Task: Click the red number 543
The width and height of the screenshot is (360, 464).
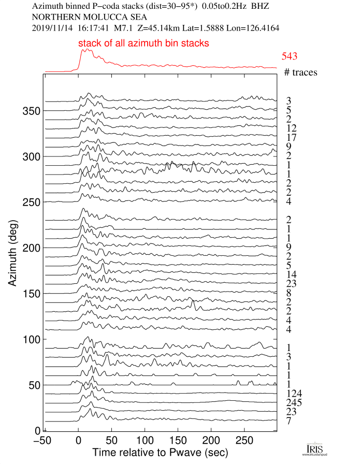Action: click(x=290, y=57)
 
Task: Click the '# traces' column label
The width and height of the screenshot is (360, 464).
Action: click(x=300, y=72)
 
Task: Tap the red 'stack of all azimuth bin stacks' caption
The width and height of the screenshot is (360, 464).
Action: click(x=143, y=44)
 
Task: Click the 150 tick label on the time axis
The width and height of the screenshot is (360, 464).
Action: click(x=178, y=440)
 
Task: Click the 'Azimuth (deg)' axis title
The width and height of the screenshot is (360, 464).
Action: click(x=14, y=253)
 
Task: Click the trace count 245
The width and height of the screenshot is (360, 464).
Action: click(x=294, y=403)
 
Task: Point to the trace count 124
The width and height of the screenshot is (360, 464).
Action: click(x=294, y=394)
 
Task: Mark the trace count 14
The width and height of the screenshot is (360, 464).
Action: click(x=291, y=274)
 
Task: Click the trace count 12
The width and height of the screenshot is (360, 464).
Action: click(x=291, y=128)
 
